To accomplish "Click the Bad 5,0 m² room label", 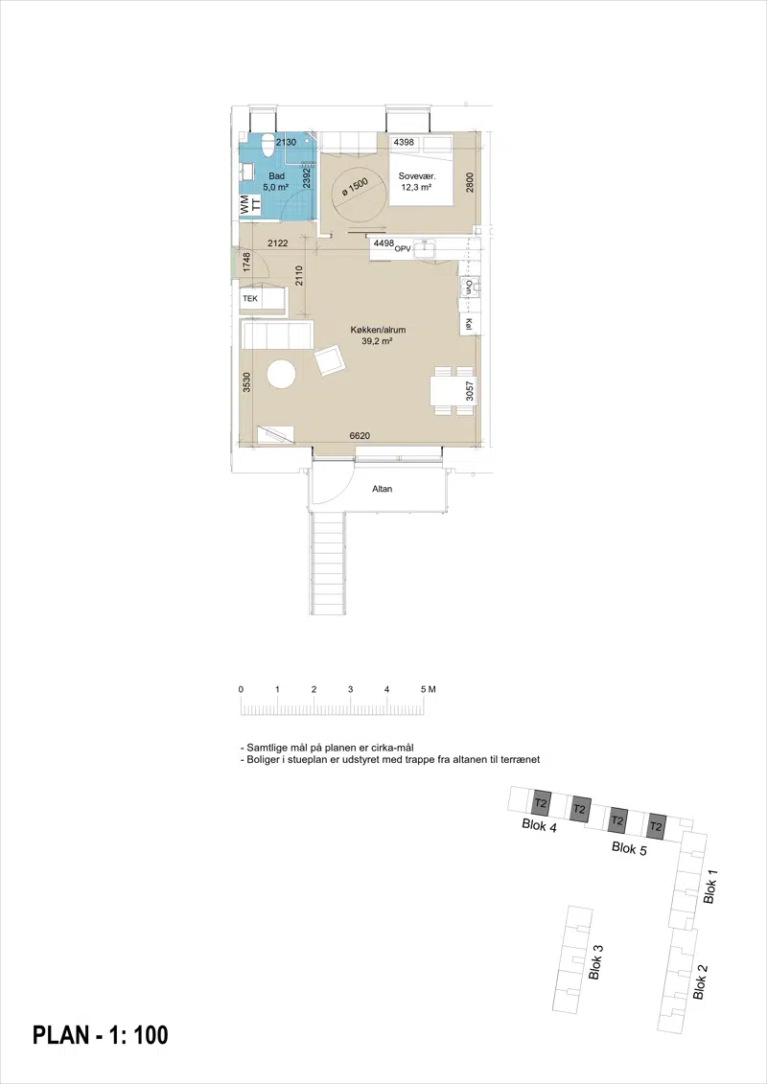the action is pos(276,181).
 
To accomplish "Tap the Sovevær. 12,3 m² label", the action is pos(416,181).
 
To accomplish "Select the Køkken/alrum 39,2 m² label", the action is pos(378,335).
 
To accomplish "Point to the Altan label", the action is pos(383,489).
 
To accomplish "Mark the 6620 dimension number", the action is pos(360,435).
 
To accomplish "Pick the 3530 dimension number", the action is pos(247,383).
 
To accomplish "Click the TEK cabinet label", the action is pos(249,299).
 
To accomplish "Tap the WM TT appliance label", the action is pos(249,204).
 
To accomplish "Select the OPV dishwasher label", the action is pos(403,248).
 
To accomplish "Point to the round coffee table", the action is pos(282,376).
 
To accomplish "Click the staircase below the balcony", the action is pos(327,563).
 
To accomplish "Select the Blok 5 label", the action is pos(629,848).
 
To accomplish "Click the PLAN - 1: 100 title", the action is pos(101,1035).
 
